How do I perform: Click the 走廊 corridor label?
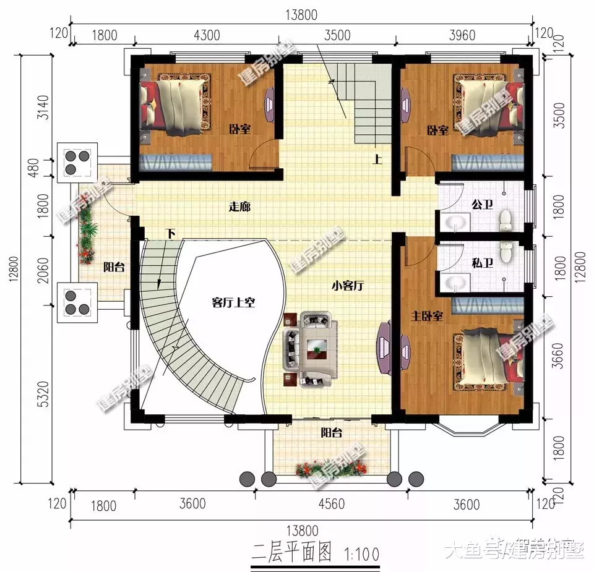(x=239, y=207)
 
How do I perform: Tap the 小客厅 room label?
(x=346, y=286)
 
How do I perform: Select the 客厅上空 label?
(x=233, y=302)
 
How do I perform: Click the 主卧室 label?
(x=428, y=316)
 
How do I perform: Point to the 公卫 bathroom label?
(x=482, y=204)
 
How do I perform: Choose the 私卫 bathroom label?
(x=482, y=263)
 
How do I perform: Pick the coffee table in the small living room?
(x=316, y=349)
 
